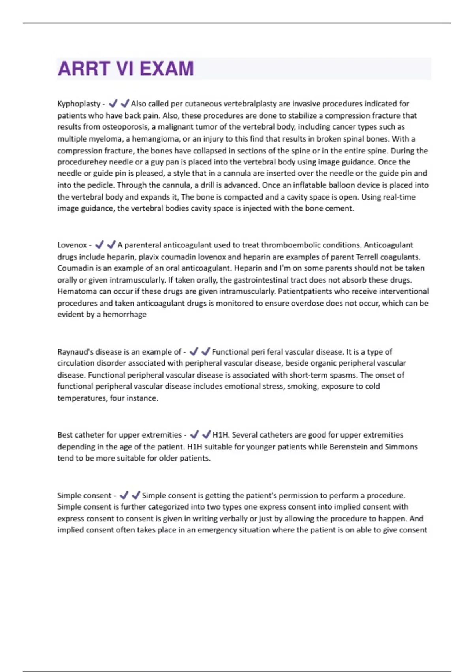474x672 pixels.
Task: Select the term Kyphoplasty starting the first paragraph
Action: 79,104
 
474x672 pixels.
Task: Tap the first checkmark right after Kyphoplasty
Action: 113,104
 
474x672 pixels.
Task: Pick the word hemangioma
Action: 156,139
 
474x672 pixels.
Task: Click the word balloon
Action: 341,185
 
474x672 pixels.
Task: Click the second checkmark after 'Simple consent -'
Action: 136,495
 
